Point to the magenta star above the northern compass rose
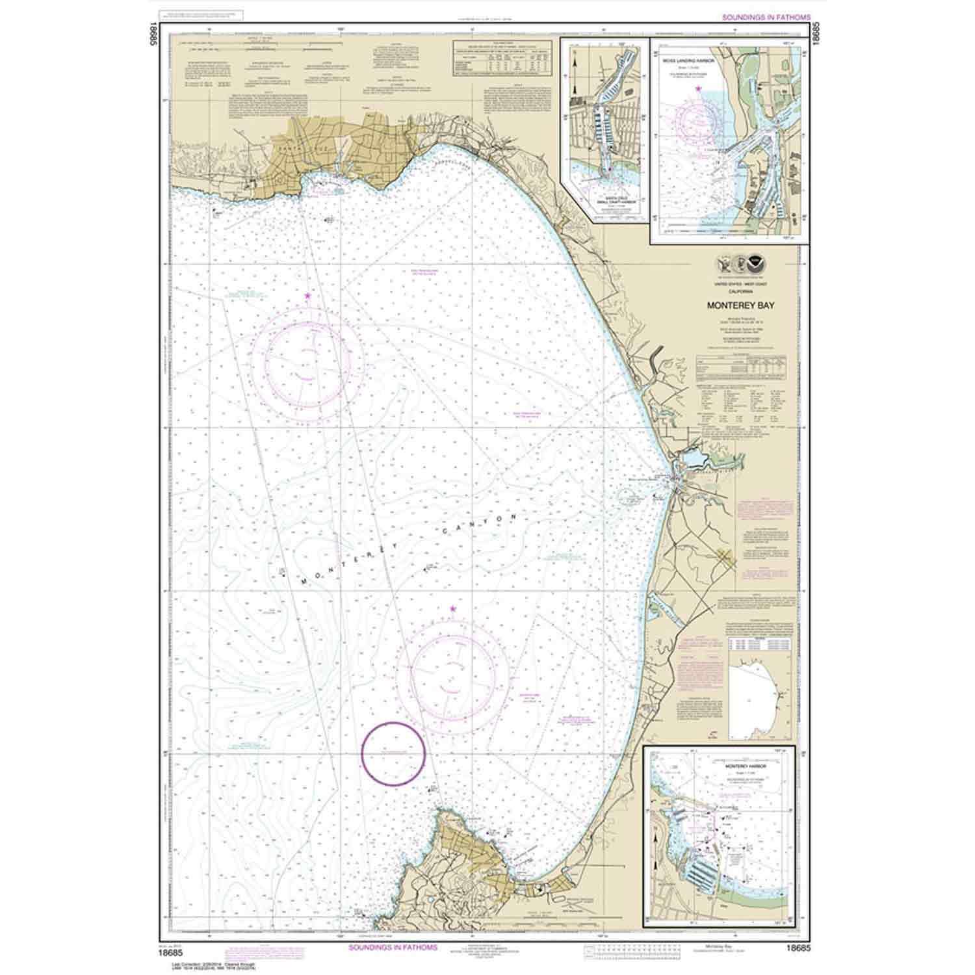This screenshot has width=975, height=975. pos(307,296)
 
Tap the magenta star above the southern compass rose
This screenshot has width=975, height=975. pos(452,609)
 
